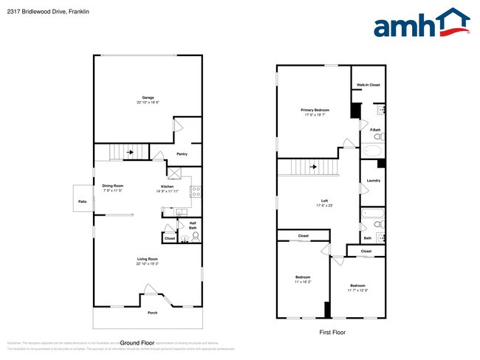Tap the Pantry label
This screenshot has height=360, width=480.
click(x=182, y=154)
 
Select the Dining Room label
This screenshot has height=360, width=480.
click(x=112, y=186)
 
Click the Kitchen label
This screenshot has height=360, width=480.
click(x=168, y=186)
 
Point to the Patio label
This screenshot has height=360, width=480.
click(x=82, y=201)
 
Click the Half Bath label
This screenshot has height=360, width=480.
click(x=193, y=225)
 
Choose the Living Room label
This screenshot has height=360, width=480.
click(x=148, y=259)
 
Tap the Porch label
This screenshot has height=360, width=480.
click(x=152, y=313)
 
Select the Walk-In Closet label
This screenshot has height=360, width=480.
click(x=369, y=86)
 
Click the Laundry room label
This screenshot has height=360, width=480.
click(x=373, y=181)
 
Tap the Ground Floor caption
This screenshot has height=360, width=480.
click(x=137, y=343)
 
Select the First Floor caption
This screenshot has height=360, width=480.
click(x=331, y=333)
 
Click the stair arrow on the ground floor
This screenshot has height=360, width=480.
click(x=130, y=153)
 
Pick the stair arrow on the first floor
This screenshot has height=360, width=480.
click(x=313, y=167)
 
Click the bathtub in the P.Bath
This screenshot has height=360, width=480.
click(x=372, y=151)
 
